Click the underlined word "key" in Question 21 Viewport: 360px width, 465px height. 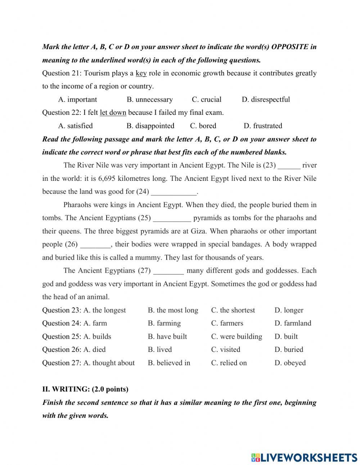tap(141, 73)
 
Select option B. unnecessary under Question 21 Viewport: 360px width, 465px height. tap(149, 100)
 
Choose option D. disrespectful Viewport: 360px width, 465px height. tap(266, 100)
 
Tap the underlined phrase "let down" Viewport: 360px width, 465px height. tap(113, 113)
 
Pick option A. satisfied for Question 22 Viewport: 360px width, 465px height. tap(75, 126)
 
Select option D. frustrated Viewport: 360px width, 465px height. tap(263, 126)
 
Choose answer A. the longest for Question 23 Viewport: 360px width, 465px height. tap(105, 310)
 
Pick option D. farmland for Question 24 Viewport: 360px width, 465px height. tap(293, 323)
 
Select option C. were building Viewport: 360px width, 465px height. tap(237, 337)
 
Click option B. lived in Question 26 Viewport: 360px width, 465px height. tap(160, 350)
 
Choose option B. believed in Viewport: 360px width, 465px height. tap(169, 363)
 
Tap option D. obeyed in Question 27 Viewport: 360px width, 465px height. tap(290, 363)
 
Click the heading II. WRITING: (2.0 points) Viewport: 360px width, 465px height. tap(85, 389)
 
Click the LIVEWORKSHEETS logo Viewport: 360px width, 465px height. tap(304, 457)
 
